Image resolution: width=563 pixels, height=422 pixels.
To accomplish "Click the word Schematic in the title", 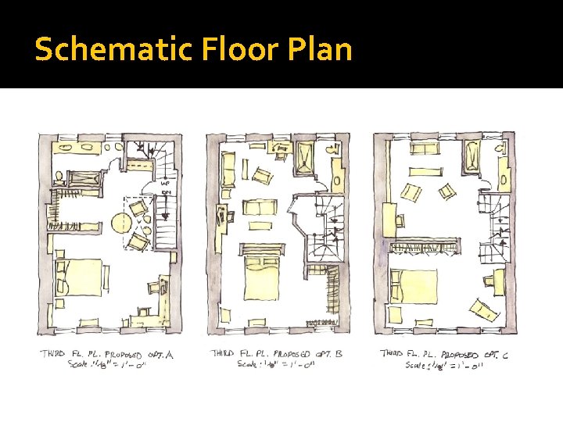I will click(92, 49).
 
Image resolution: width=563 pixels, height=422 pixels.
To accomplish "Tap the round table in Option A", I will click(122, 223).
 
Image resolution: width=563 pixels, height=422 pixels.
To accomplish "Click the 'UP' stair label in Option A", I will click(166, 184).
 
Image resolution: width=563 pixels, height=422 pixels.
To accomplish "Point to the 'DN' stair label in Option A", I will click(166, 192).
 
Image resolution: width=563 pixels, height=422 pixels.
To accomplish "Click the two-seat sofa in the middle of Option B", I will click(260, 208).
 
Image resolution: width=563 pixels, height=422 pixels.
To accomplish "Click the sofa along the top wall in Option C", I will click(426, 149).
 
